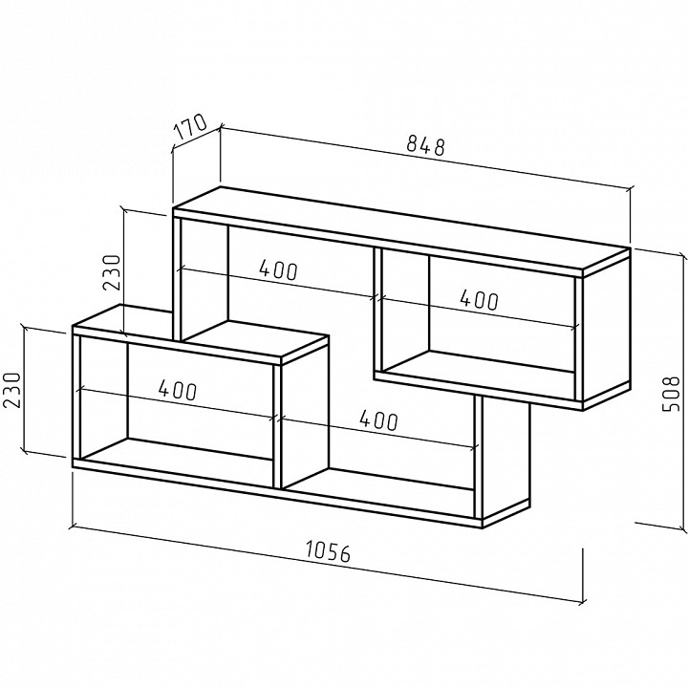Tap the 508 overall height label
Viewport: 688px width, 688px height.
pos(670,394)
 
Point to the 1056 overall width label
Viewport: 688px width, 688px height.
pos(328,551)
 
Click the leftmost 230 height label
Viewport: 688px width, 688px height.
pos(11,390)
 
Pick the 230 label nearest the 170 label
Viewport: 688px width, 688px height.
pos(112,272)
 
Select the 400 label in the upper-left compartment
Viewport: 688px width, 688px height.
pos(278,269)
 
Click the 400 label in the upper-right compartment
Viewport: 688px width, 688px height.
pos(479,300)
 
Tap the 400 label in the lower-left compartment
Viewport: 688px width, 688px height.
pos(178,390)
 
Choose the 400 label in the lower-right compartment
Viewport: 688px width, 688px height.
pos(378,419)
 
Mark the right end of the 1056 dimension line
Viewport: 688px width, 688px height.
pos(583,602)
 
